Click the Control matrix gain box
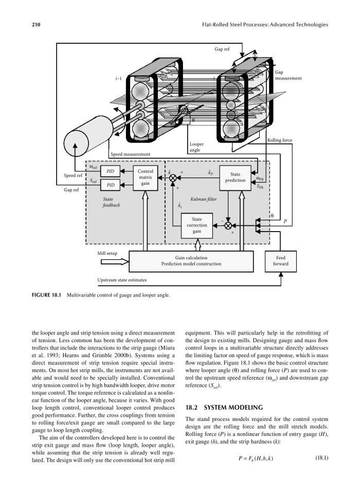pyautogui.click(x=146, y=177)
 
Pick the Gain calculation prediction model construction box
pyautogui.click(x=191, y=261)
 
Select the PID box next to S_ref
pyautogui.click(x=111, y=184)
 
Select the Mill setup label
pyautogui.click(x=108, y=253)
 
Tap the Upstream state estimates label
pyautogui.click(x=122, y=280)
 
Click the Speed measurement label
pyautogui.click(x=130, y=154)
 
